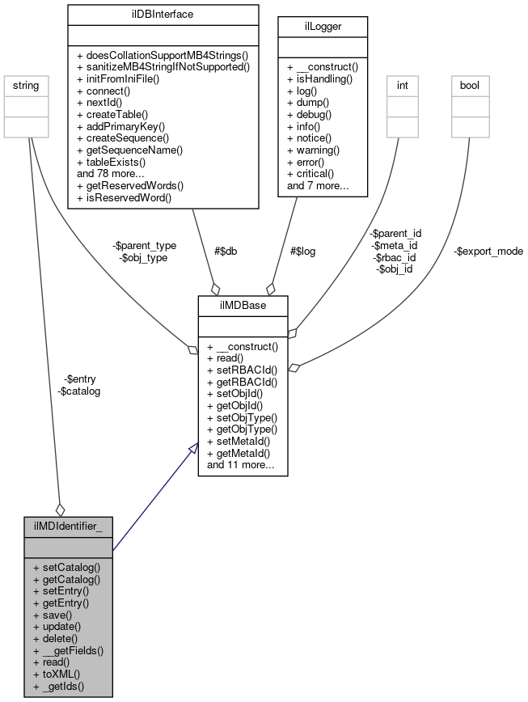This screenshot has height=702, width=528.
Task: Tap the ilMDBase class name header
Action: (243, 305)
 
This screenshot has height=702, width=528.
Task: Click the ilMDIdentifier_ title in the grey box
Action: (68, 526)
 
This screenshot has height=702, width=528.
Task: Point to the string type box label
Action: (29, 83)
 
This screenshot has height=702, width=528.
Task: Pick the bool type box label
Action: (470, 83)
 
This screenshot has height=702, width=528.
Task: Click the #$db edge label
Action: (226, 251)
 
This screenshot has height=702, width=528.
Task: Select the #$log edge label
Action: (302, 251)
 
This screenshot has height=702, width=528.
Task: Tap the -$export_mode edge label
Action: (488, 251)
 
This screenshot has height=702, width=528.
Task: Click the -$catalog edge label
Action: (79, 391)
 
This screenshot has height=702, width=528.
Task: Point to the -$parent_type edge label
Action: (146, 245)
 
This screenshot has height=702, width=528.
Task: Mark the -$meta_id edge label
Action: (394, 245)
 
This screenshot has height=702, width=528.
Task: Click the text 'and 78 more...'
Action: (112, 173)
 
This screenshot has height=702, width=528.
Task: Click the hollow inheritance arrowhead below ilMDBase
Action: (192, 449)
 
